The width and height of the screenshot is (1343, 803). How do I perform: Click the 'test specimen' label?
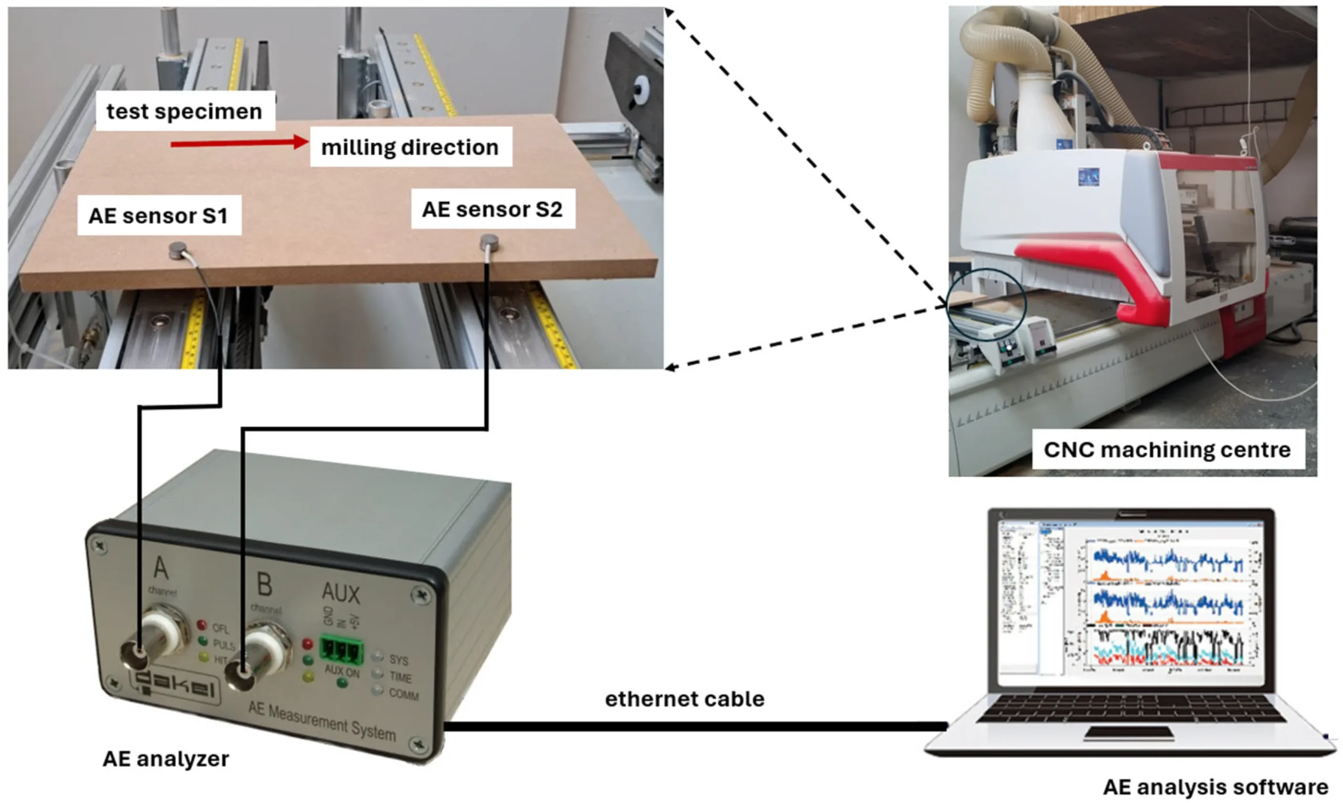click(185, 112)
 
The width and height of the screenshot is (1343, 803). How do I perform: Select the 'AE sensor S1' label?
click(158, 215)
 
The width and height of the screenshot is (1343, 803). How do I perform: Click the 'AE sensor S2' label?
click(492, 209)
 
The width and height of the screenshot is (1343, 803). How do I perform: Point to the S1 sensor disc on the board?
click(178, 250)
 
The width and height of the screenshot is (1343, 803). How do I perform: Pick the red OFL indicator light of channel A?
click(202, 625)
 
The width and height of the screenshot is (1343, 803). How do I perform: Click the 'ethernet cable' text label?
click(685, 699)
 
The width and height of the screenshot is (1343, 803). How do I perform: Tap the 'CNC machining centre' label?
click(1167, 450)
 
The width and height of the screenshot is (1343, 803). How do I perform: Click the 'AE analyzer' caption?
click(166, 758)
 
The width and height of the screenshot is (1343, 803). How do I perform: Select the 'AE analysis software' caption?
click(1215, 787)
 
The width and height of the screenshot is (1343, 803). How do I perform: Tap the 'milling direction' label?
click(410, 147)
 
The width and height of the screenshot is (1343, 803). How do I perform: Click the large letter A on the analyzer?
click(161, 568)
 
